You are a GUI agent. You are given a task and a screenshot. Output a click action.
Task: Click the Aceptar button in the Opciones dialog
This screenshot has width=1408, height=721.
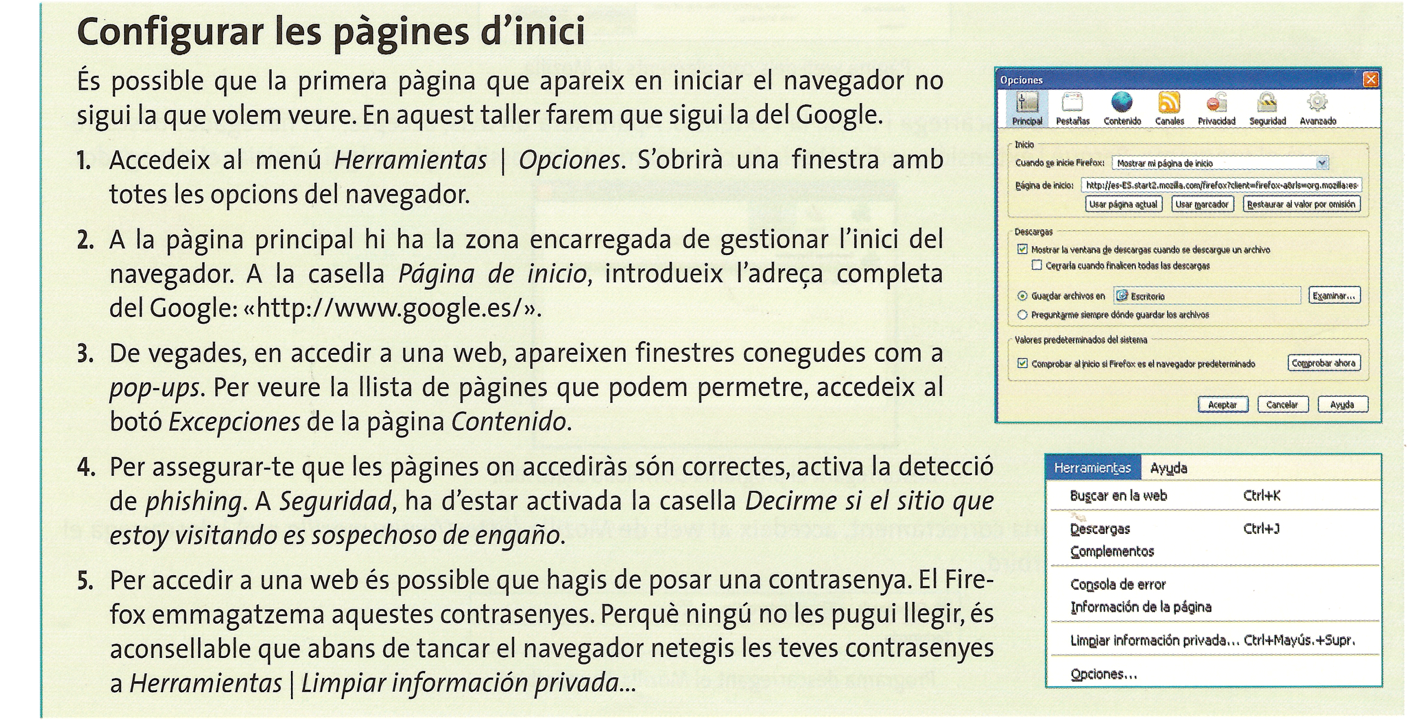pos(1222,405)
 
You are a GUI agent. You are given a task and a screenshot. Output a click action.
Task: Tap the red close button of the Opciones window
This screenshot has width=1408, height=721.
pos(1371,80)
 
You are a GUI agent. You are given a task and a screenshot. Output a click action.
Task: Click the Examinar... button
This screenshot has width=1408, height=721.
pos(1334,296)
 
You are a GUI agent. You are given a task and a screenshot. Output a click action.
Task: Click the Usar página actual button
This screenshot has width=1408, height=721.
pos(1123,204)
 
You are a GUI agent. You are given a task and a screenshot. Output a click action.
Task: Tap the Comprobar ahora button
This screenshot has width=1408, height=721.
pos(1323,363)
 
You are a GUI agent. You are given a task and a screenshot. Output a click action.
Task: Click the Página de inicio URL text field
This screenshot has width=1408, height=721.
pos(1221,185)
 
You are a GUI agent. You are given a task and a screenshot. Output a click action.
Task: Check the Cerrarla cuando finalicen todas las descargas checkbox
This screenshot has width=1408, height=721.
pos(1037,265)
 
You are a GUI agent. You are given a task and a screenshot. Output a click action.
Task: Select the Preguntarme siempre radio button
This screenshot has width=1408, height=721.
pos(1022,315)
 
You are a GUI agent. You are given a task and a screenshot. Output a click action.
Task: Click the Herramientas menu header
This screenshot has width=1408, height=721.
pos(1092,468)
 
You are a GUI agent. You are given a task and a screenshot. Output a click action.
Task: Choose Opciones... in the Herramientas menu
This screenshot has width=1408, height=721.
pos(1104,674)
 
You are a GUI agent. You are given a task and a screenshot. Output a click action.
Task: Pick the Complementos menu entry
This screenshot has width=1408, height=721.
pos(1112,551)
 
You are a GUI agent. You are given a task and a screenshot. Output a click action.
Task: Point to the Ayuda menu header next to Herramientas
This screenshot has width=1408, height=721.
pos(1169,468)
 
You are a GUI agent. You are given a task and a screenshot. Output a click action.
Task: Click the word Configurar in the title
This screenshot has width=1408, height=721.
pos(170,33)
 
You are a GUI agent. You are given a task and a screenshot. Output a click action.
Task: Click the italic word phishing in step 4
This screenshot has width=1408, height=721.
pos(193,501)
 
